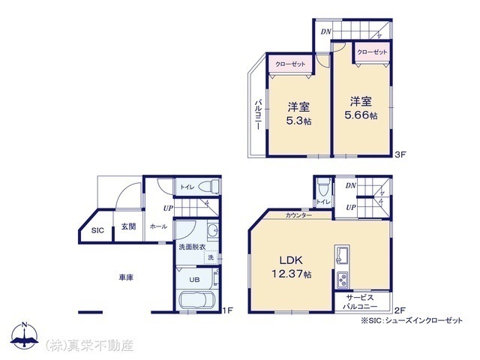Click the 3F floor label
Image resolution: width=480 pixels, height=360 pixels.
click(x=400, y=155)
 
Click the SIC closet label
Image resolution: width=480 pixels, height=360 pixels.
click(x=97, y=231)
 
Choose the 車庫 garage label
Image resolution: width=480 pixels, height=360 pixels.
click(x=125, y=278)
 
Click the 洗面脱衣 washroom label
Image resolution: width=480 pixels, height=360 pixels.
click(x=192, y=247)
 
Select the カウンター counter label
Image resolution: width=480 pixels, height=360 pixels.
click(x=299, y=215)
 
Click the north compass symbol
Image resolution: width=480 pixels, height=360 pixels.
click(x=24, y=338)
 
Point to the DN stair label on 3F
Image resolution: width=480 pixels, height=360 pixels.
click(x=325, y=31)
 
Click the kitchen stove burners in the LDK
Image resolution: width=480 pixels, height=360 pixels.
click(x=342, y=281)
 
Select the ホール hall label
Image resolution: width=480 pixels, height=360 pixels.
click(x=158, y=226)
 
